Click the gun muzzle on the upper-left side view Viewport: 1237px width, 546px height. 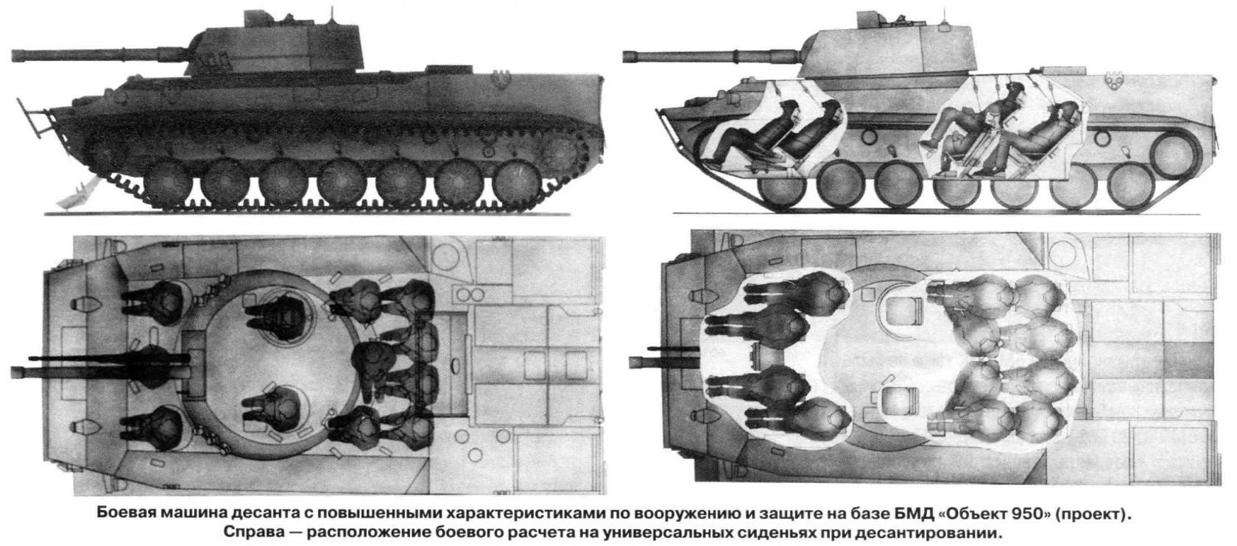[16, 55]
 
